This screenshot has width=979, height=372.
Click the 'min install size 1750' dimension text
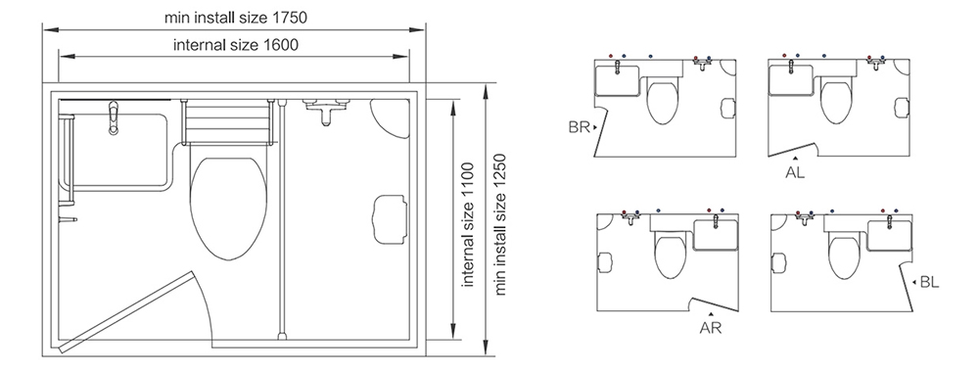pyautogui.click(x=236, y=18)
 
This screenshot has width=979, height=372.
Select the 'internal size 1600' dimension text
pyautogui.click(x=235, y=45)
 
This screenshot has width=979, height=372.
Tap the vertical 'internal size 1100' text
pyautogui.click(x=468, y=225)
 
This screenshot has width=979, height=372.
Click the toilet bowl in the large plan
pyautogui.click(x=228, y=209)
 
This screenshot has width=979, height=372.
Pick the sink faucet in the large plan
pyautogui.click(x=113, y=117)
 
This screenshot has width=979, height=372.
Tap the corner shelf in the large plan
pyautogui.click(x=391, y=118)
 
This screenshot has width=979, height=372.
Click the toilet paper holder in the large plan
pyautogui.click(x=390, y=218)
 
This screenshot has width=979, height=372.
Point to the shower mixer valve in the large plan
pyautogui.click(x=325, y=109)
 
